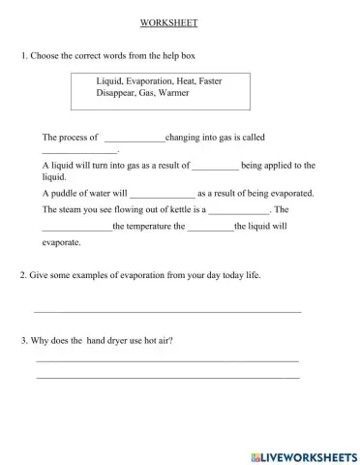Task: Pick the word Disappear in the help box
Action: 116,94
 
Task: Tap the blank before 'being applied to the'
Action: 215,167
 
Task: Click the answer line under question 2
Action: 167,310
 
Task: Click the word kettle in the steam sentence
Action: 181,208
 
